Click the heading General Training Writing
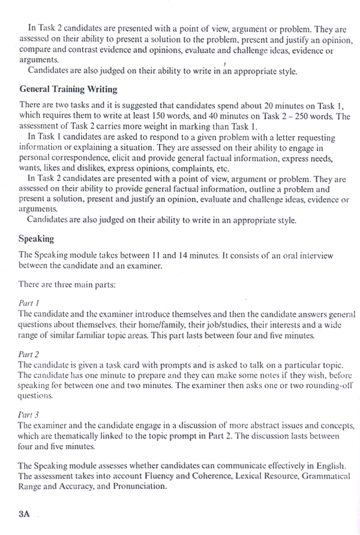[x=68, y=89]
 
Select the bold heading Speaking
[x=37, y=239]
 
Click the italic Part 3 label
[x=29, y=414]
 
